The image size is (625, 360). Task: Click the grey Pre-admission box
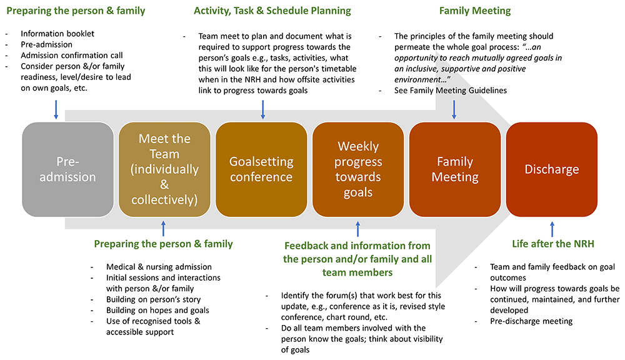pos(67,169)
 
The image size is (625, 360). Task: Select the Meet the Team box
pos(164,169)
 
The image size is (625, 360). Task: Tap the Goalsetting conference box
pos(261,169)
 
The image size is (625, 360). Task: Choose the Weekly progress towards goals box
pos(358,169)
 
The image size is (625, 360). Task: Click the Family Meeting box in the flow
pos(455,169)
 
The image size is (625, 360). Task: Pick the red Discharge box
pos(552,169)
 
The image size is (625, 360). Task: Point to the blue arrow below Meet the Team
pos(164,228)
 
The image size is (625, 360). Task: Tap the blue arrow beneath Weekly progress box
pos(358,228)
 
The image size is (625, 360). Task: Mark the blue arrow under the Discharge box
pos(552,228)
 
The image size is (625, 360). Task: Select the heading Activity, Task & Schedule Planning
pos(272,11)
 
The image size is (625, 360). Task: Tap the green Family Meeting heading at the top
pos(475,11)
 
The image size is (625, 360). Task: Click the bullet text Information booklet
pos(57,34)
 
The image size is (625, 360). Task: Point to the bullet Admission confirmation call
pos(71,56)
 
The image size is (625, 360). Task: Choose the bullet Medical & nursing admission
pos(159,267)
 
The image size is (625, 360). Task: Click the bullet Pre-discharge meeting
pos(531,321)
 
